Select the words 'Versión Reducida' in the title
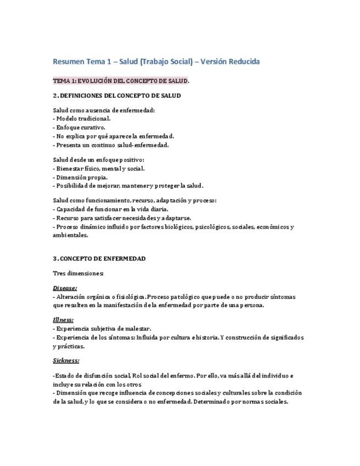click(230, 61)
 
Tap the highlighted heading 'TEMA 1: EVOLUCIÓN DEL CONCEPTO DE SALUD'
click(120, 81)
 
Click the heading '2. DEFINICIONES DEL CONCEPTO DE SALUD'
click(117, 96)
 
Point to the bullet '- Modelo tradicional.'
click(82, 119)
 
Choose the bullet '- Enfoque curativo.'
click(79, 127)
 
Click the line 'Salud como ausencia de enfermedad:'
click(104, 110)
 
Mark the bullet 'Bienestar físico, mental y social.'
click(100, 169)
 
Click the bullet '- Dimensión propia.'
click(80, 177)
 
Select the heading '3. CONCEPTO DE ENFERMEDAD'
click(99, 259)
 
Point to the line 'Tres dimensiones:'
click(78, 273)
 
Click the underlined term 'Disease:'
click(65, 288)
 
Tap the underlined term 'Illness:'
click(63, 320)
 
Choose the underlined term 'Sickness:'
click(66, 360)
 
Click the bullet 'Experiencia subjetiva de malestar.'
click(103, 329)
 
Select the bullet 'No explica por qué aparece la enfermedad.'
click(115, 136)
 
